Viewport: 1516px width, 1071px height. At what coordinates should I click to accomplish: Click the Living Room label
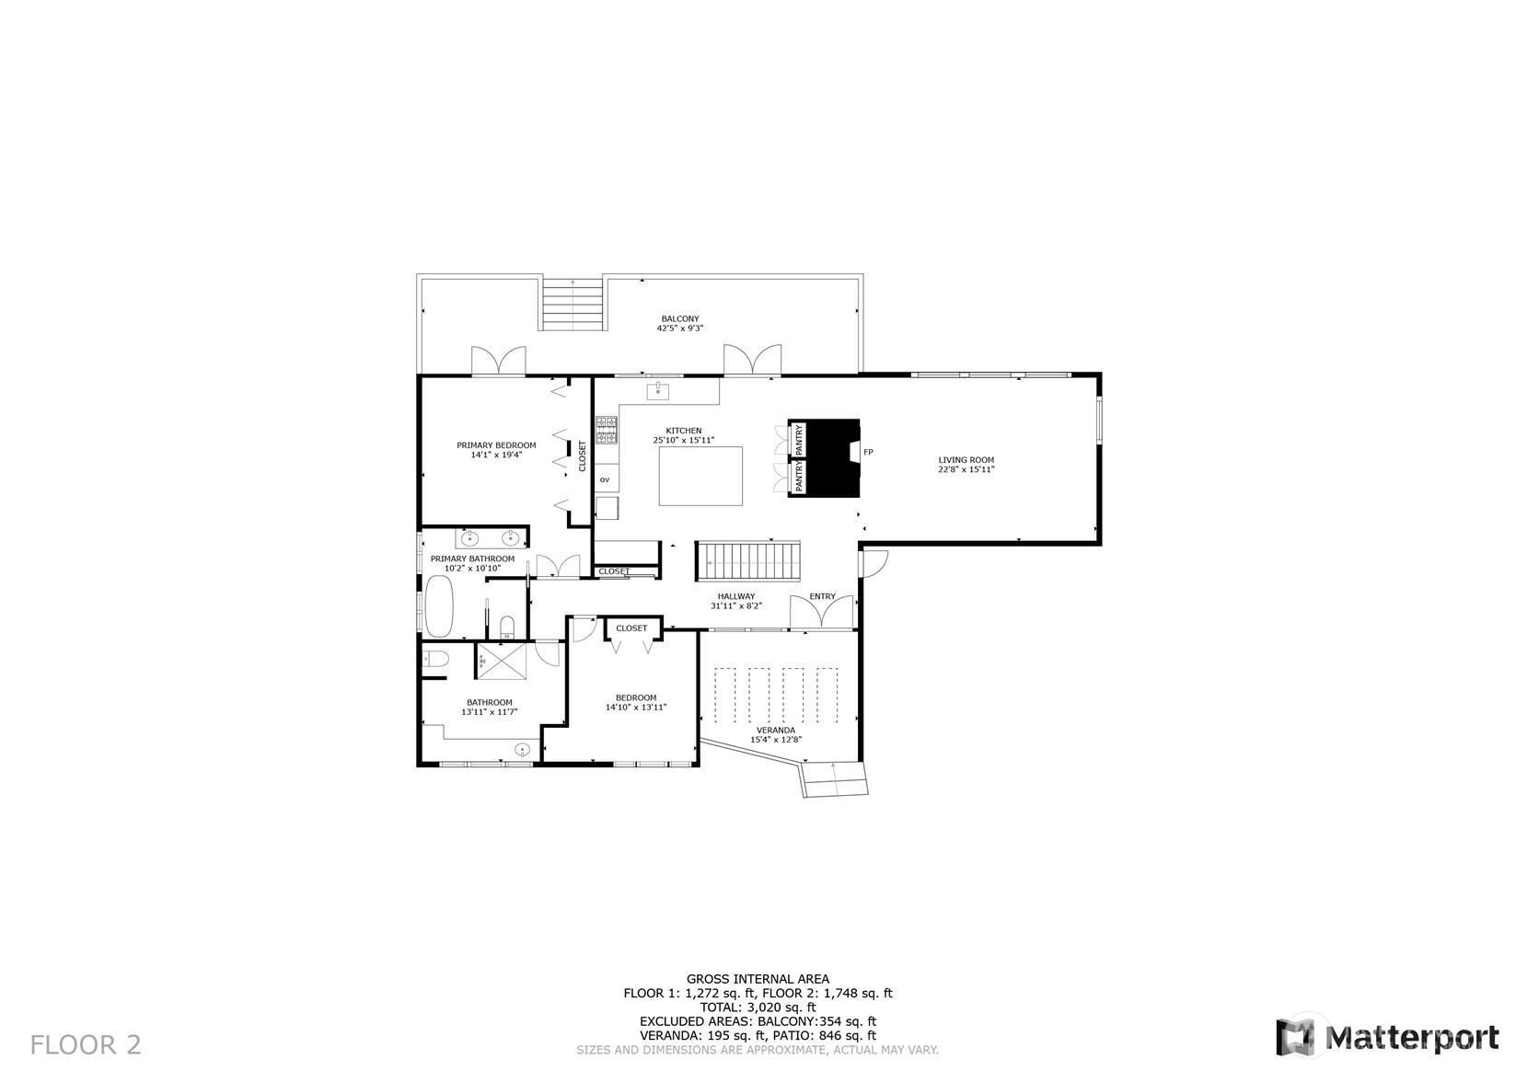coord(966,464)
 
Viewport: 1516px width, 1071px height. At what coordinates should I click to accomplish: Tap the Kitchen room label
coord(684,435)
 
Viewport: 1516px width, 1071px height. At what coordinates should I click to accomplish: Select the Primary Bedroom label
coord(496,450)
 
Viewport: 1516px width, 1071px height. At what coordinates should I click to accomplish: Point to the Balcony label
coord(680,323)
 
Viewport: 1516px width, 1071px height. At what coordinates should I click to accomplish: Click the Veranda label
coord(776,735)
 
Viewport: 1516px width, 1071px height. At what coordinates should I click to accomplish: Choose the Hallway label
coord(736,601)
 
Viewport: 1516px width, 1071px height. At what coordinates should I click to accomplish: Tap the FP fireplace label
coord(868,452)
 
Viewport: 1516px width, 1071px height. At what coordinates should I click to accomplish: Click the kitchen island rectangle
coord(700,476)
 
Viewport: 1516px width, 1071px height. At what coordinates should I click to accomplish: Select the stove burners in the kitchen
coord(607,430)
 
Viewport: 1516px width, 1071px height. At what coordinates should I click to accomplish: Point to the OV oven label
coord(605,479)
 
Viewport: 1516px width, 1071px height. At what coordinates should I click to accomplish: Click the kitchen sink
coord(658,390)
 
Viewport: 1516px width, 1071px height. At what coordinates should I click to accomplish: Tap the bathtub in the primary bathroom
coord(438,605)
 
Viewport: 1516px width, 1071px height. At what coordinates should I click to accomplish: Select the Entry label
coord(822,596)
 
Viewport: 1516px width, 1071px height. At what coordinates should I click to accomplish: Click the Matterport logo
coord(1387,1036)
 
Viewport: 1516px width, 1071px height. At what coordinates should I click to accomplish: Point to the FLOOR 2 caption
coord(86,1045)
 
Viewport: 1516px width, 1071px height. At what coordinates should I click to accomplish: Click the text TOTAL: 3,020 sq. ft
coord(758,1008)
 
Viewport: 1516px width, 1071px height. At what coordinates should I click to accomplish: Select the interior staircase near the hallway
coord(748,561)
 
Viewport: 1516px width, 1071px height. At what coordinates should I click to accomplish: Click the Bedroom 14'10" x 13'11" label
coord(636,702)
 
